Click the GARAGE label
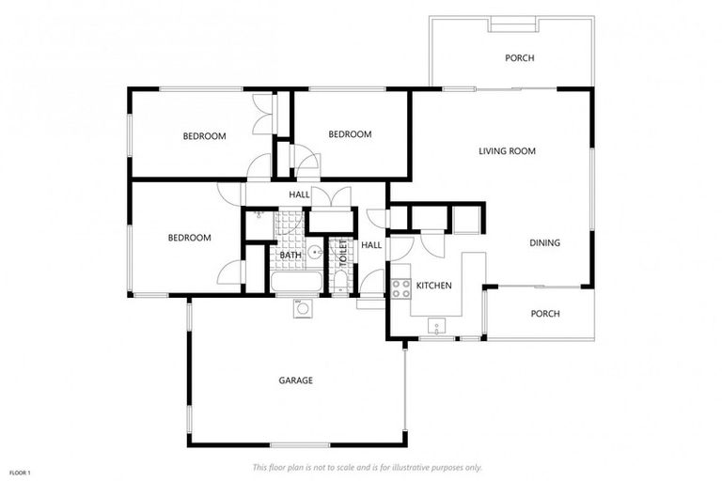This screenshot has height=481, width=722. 295,380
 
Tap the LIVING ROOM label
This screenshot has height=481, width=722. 507,150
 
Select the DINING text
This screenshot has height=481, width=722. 544,243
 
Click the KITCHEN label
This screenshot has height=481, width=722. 434,286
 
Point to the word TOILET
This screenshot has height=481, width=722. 343,254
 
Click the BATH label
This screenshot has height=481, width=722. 290,255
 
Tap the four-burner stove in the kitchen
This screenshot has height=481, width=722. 401,287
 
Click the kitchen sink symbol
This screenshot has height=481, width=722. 436,326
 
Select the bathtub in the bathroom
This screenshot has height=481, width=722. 293,283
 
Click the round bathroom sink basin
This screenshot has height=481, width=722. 315,252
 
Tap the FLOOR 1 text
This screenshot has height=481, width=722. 20,472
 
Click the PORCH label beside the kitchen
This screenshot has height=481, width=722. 545,314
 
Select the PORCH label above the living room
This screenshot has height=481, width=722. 519,58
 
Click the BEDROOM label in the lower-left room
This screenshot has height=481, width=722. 189,238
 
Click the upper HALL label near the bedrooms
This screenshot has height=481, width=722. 299,194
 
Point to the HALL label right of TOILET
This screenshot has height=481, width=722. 371,245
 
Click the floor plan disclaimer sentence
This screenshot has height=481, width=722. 367,467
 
